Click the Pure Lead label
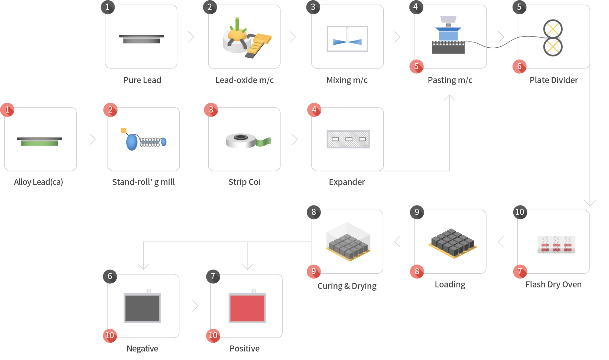coord(142,80)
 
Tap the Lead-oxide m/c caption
coord(244,80)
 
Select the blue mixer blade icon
coord(347,42)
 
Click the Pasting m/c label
coord(450,80)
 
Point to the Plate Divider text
coord(554,80)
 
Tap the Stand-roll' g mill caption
coord(143,182)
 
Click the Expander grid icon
coord(348,139)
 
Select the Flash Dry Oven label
coord(553,284)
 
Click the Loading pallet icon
coord(452,243)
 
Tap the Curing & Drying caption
coord(347,286)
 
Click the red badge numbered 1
coord(7,110)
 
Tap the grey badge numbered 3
coord(313,7)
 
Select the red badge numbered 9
coord(314,271)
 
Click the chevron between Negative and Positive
coord(195,306)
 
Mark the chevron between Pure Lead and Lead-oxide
coord(191,37)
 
